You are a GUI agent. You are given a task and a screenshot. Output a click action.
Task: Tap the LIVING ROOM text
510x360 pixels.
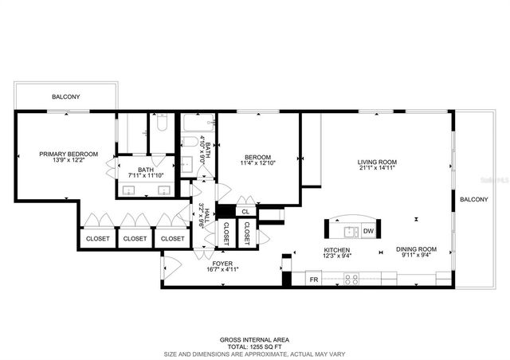click(x=376, y=162)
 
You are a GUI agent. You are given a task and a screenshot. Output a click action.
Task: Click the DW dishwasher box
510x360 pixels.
click(x=368, y=232)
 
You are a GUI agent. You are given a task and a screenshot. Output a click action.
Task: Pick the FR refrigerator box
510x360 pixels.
click(x=314, y=280)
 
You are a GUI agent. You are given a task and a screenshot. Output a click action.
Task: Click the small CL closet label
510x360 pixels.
click(x=246, y=211)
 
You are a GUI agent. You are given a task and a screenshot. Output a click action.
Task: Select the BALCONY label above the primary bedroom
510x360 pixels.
click(x=65, y=97)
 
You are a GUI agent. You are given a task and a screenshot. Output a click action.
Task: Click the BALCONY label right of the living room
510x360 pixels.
click(x=473, y=199)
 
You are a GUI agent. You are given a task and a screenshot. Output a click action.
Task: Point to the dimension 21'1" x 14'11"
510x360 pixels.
click(x=376, y=169)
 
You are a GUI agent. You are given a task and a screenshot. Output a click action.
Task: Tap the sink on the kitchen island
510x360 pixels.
click(x=349, y=232)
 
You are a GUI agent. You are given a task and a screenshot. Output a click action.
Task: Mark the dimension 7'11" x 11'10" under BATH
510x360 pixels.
click(x=146, y=176)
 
